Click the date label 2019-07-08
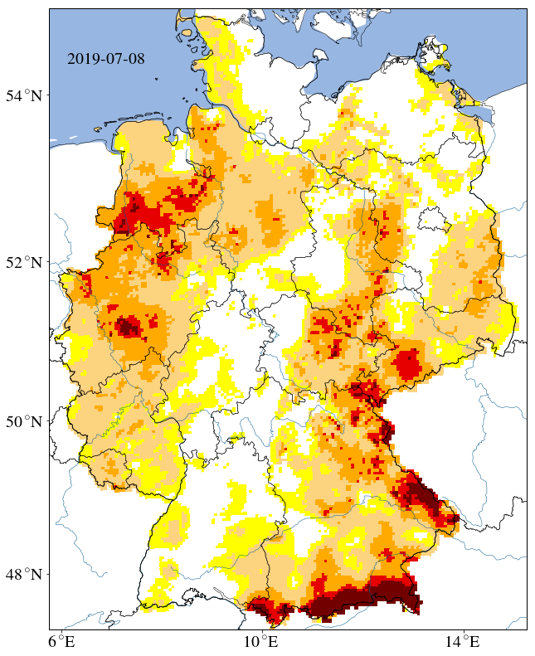(105, 59)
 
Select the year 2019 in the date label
(82, 59)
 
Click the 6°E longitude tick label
(61, 642)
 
